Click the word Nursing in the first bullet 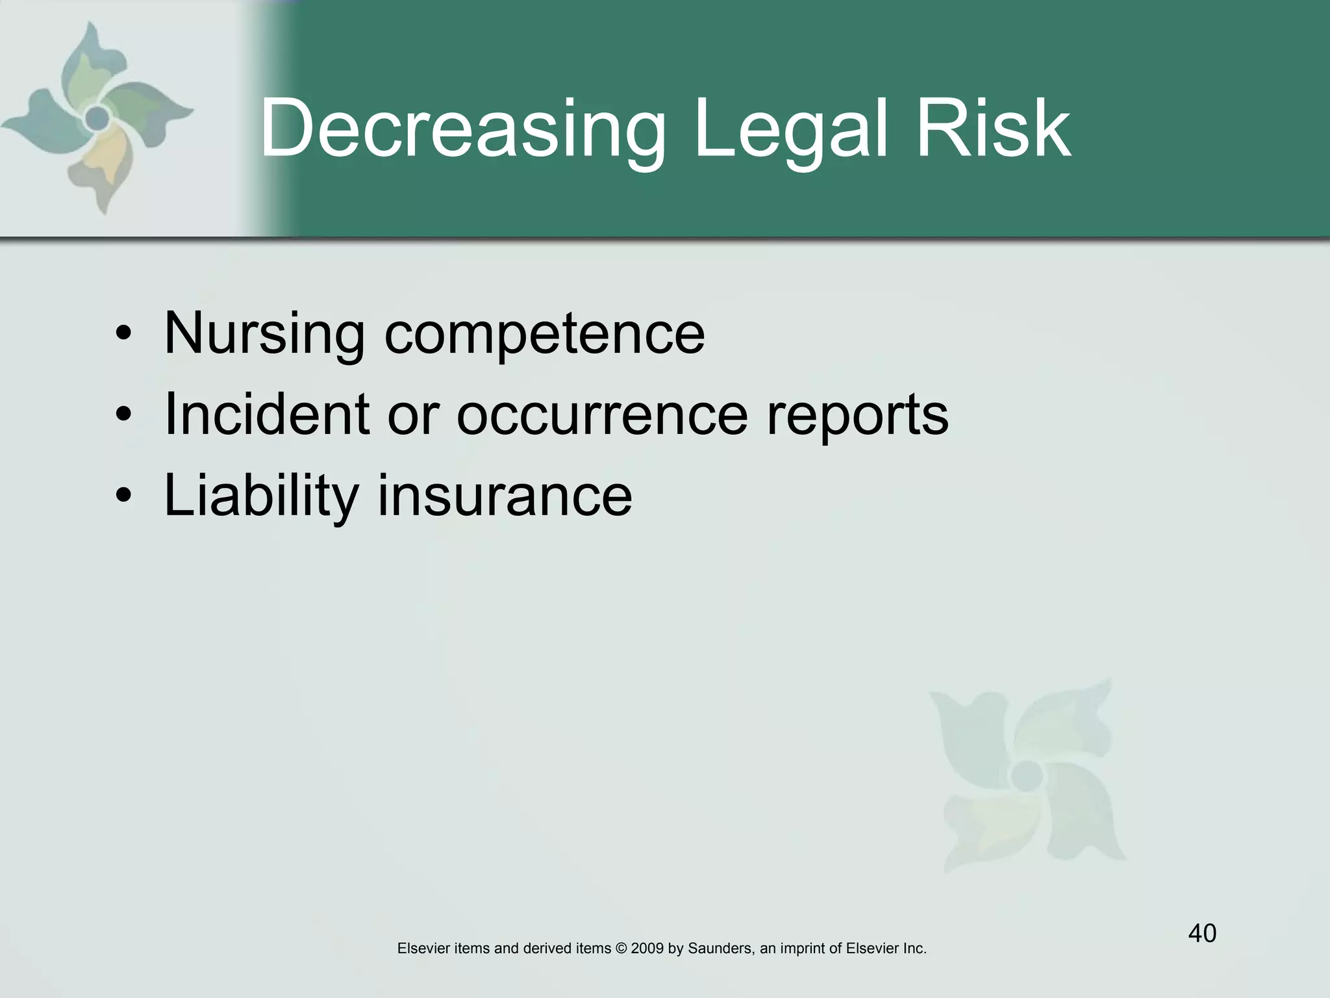click(264, 335)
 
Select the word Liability click(261, 498)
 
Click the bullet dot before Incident click(123, 416)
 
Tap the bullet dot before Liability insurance click(123, 497)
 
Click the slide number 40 click(1202, 934)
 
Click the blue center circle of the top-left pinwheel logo click(97, 118)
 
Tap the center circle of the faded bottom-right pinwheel click(1027, 775)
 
